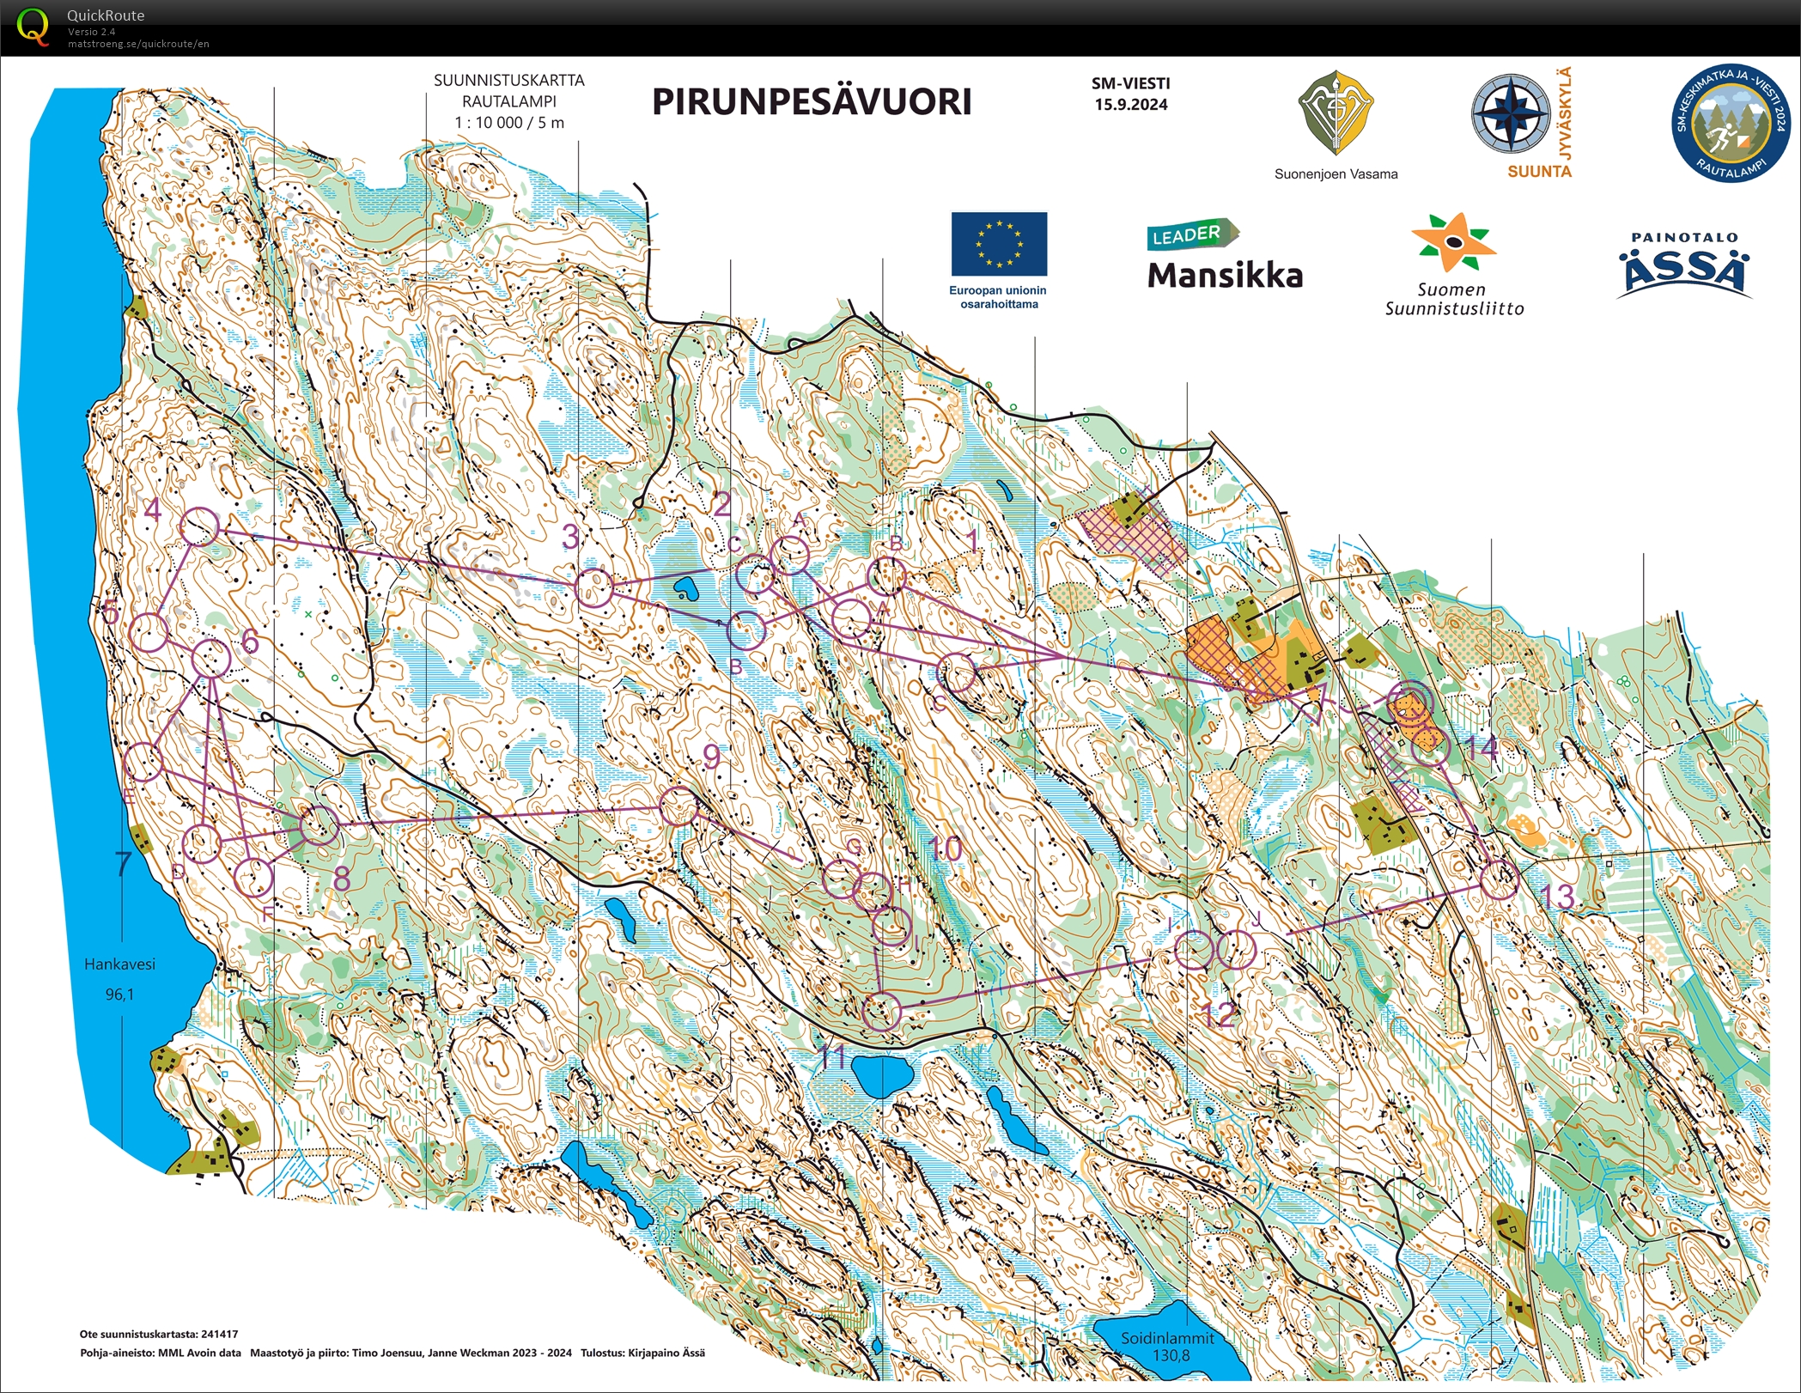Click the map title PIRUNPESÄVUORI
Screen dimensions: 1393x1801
(812, 102)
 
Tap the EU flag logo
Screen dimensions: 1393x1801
(999, 244)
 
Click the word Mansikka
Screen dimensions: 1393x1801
(1225, 276)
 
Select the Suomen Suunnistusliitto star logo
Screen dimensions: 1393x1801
(1453, 242)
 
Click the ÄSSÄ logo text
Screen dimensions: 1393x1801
(1684, 271)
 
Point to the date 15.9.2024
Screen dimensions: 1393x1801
(1130, 105)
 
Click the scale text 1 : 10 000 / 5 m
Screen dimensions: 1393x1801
(509, 123)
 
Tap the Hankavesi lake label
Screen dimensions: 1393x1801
(119, 964)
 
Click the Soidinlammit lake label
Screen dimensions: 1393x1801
(1167, 1338)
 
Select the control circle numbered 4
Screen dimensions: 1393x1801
(200, 526)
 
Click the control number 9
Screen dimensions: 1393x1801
(711, 757)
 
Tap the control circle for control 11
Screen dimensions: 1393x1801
(881, 1011)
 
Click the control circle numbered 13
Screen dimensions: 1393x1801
(1500, 879)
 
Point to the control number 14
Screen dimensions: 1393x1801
(1482, 747)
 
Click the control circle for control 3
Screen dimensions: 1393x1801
(593, 588)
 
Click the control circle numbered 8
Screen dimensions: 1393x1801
(319, 825)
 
